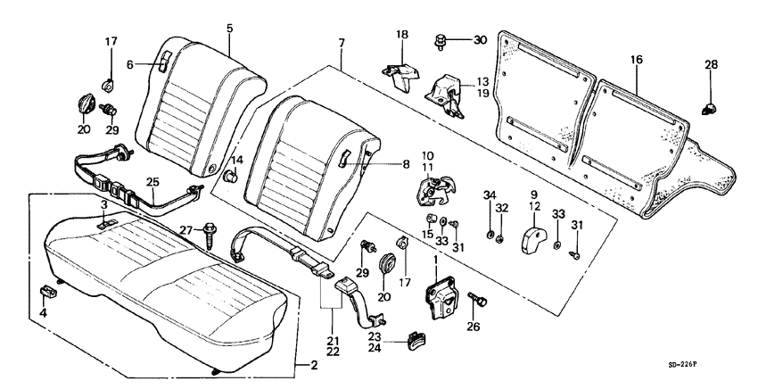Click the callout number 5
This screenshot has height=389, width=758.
[229, 29]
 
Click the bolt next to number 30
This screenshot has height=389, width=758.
[441, 39]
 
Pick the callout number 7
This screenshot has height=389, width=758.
[340, 42]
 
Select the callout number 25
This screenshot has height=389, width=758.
[152, 183]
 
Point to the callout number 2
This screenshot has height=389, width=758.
[313, 364]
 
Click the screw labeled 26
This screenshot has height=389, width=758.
[472, 302]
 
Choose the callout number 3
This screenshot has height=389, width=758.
[104, 205]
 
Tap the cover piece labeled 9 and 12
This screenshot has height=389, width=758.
[535, 237]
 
